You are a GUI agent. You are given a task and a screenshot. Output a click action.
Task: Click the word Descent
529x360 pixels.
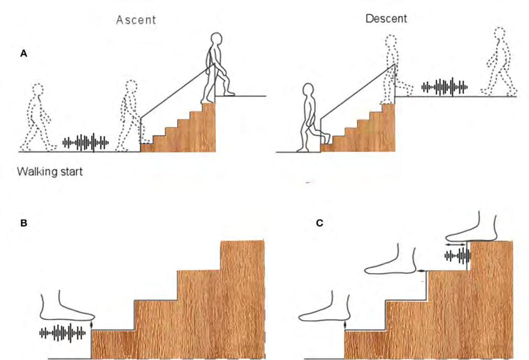click(386, 18)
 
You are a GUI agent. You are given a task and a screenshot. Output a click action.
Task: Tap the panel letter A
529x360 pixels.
click(23, 53)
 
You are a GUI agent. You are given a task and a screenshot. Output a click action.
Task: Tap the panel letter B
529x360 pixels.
click(23, 223)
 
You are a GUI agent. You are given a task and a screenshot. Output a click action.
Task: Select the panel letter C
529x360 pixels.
click(319, 223)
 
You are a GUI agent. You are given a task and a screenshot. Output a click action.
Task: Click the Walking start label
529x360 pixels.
click(50, 171)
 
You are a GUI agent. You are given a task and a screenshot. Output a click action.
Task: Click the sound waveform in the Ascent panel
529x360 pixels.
click(86, 142)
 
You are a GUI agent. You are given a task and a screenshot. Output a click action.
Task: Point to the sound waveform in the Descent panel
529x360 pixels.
click(445, 86)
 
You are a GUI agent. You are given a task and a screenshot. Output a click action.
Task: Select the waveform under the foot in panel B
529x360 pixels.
click(62, 332)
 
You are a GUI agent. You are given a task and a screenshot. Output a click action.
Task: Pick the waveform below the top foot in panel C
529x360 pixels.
click(457, 256)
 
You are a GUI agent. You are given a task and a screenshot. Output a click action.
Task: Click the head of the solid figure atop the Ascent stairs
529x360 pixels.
click(216, 41)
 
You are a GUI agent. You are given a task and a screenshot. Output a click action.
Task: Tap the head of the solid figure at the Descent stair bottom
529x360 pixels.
click(308, 93)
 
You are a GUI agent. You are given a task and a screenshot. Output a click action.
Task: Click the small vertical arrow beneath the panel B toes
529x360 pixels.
click(92, 325)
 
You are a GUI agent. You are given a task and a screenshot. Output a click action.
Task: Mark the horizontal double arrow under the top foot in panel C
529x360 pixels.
click(456, 244)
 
